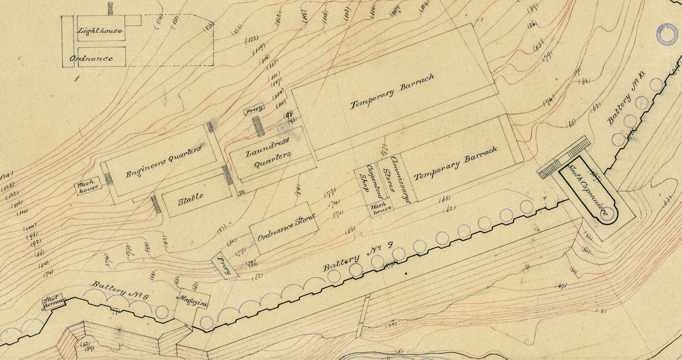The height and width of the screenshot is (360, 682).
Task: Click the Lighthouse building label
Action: point(100,31)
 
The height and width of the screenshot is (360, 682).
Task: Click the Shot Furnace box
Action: point(55,301)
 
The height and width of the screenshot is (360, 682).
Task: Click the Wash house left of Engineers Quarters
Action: point(86,188)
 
